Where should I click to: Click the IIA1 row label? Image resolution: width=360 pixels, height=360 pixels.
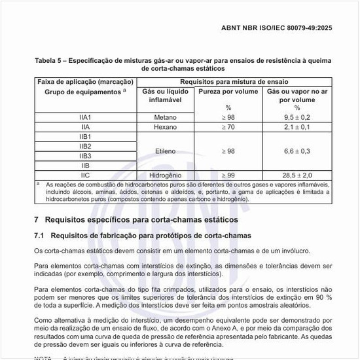pos(84,117)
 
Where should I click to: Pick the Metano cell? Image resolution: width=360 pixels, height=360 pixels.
pos(165,117)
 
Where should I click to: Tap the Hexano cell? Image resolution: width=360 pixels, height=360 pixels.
pos(165,126)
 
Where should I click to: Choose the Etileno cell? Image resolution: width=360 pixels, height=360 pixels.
pos(165,151)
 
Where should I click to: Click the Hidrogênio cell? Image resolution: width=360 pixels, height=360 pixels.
pos(165,175)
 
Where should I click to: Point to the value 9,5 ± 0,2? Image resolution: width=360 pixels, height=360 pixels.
pos(297,117)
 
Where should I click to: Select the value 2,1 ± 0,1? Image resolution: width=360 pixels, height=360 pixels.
pos(297,126)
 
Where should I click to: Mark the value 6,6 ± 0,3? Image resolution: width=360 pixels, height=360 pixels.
pos(297,151)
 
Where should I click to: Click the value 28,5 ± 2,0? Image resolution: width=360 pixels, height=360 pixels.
pos(297,175)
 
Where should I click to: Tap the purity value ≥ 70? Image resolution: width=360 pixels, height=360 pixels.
pos(228,126)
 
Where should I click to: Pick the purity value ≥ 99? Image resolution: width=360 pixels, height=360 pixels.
pos(228,175)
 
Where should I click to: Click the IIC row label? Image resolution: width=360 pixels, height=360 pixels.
pos(84,175)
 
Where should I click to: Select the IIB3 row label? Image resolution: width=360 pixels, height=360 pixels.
pos(84,156)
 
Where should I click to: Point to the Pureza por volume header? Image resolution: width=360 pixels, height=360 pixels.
pos(228,92)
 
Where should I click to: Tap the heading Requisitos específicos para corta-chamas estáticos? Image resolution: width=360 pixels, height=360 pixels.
pos(145,220)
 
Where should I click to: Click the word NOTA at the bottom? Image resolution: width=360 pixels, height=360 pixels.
pos(43,357)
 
